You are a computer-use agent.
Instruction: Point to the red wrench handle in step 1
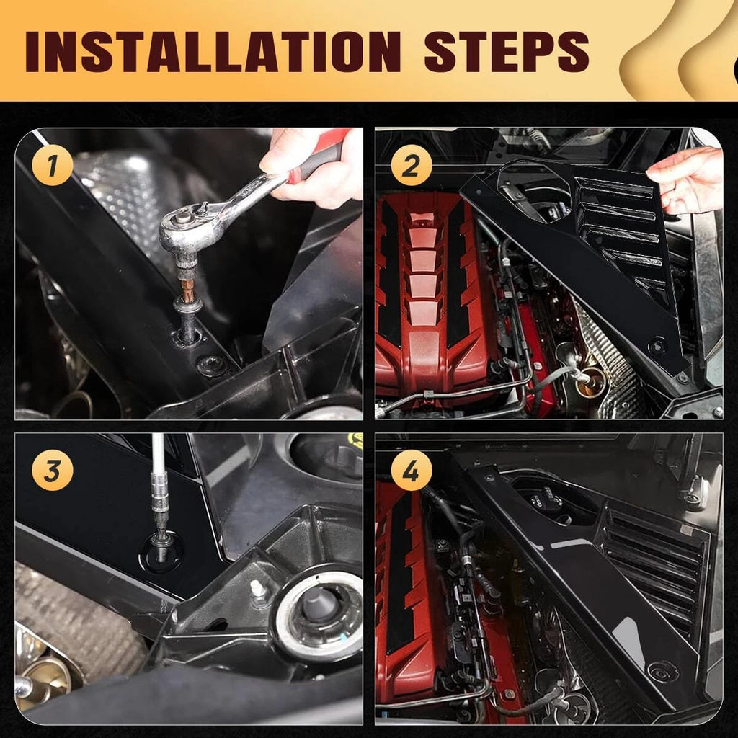(317, 160)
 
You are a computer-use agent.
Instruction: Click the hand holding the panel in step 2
(688, 177)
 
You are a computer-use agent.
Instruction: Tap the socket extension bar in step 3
(159, 490)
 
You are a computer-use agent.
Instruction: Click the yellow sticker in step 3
(355, 440)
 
